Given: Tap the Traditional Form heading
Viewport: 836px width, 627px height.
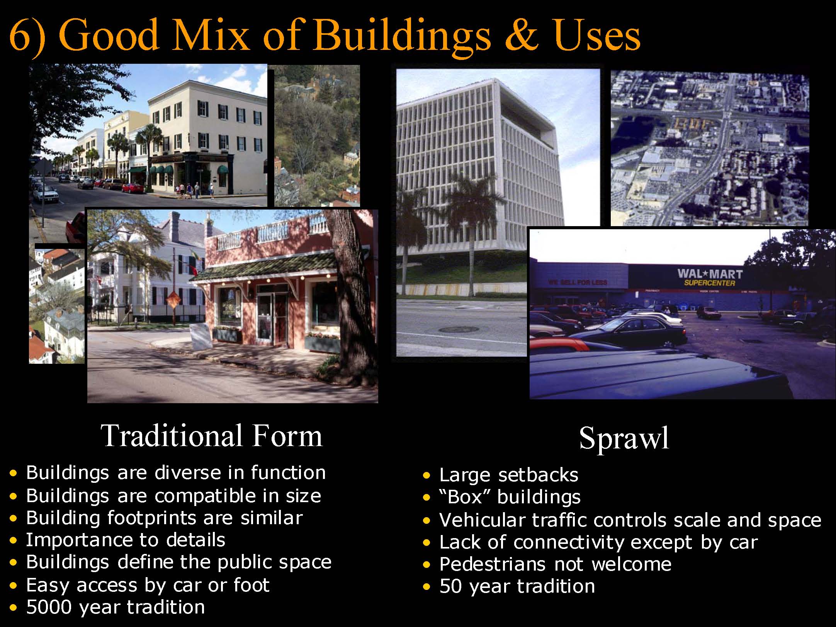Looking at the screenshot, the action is (211, 436).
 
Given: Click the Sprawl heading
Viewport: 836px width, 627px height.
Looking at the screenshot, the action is (624, 438).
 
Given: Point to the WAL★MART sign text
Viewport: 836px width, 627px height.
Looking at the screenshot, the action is (710, 274).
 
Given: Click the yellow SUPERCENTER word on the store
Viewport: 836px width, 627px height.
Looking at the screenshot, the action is (710, 283).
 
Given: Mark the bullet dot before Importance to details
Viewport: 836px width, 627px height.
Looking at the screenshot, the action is (14, 541).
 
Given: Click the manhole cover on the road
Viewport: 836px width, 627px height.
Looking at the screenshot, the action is (458, 329).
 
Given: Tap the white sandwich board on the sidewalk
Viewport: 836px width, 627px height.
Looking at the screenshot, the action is (201, 336).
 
